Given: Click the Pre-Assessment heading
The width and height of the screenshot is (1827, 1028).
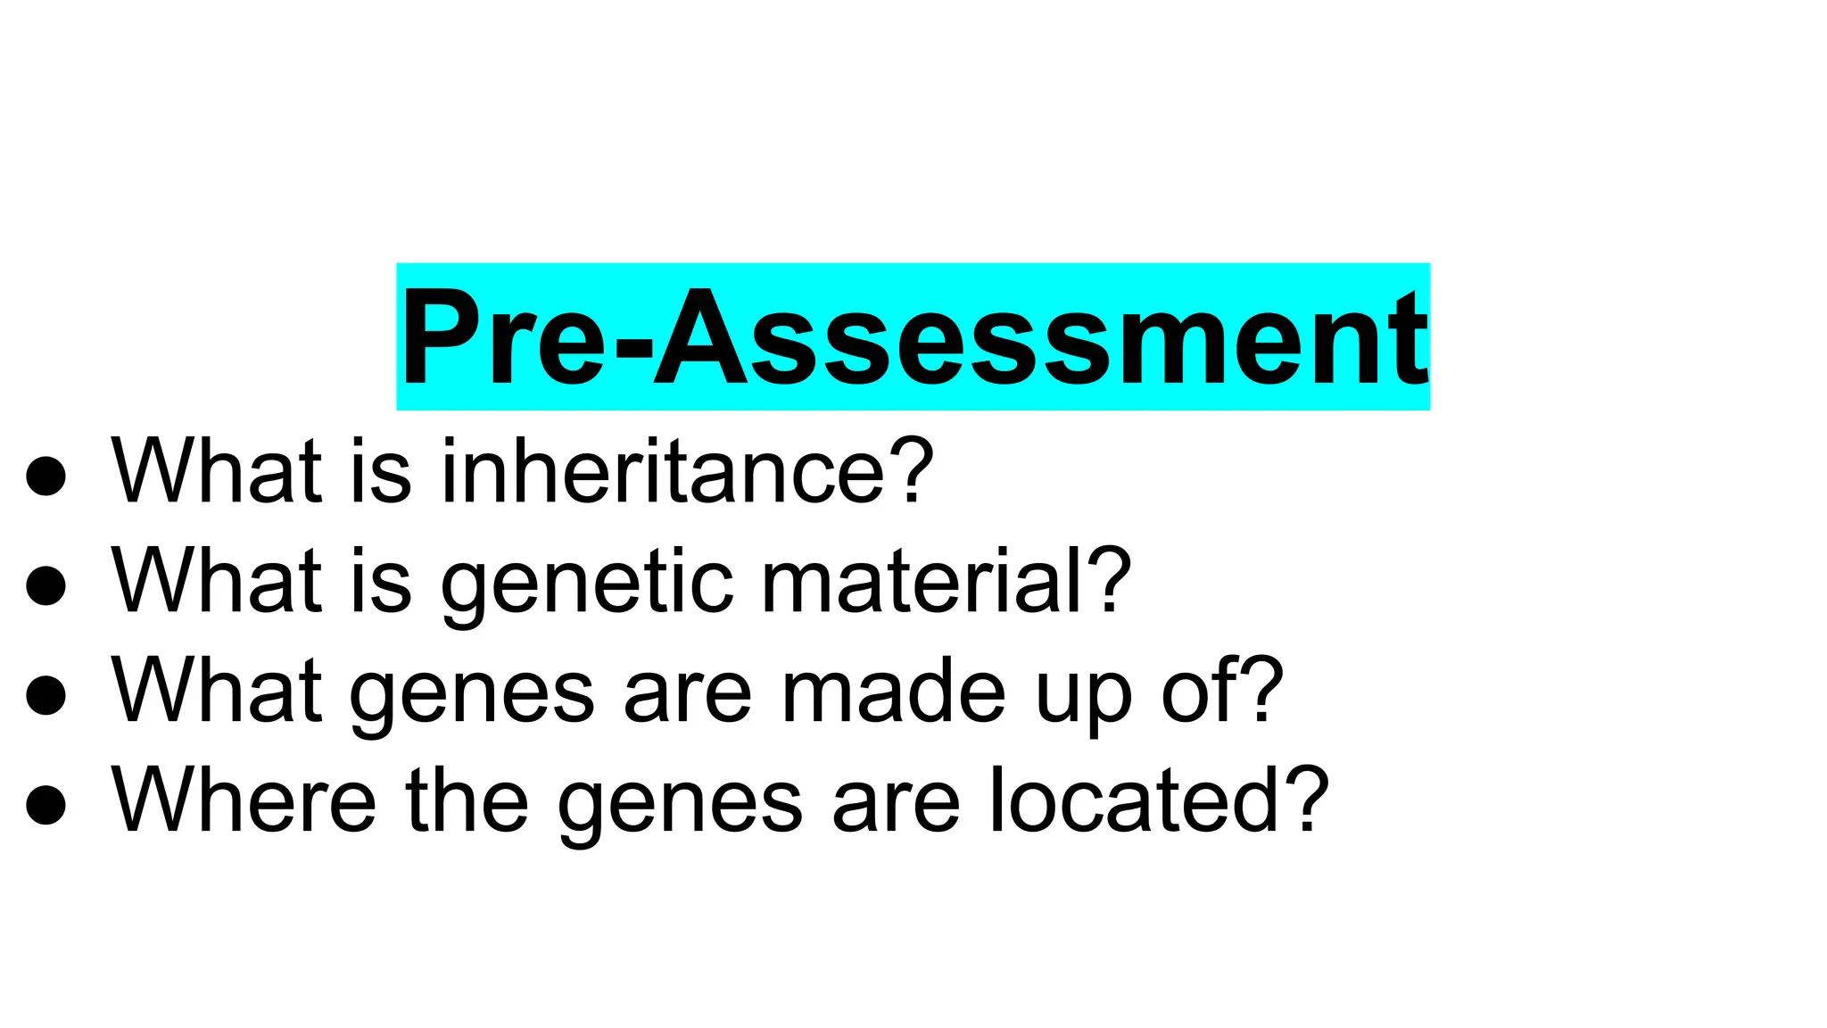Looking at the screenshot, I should (913, 337).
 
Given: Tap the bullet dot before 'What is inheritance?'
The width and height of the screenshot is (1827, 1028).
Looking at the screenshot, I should (46, 476).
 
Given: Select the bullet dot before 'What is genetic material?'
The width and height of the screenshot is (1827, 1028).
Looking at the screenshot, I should (46, 586).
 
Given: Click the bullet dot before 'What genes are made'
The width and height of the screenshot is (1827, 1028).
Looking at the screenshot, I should (46, 696).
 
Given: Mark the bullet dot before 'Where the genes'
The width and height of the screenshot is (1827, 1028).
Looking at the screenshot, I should (46, 805).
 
